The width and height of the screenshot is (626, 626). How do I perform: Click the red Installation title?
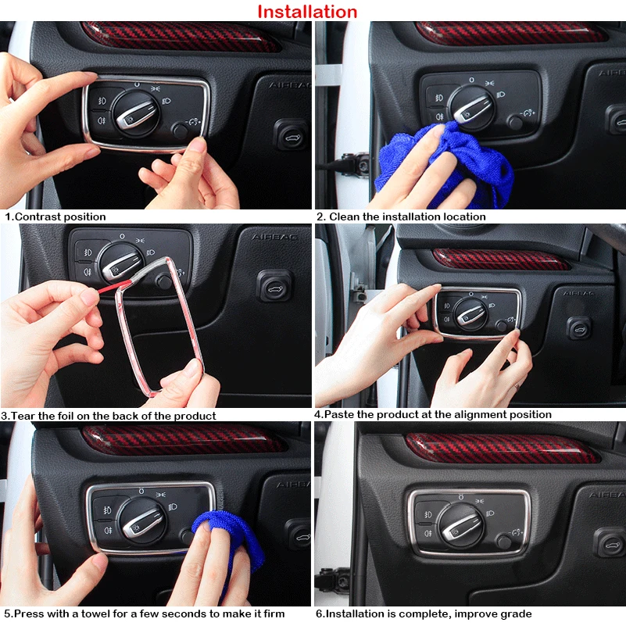(307, 12)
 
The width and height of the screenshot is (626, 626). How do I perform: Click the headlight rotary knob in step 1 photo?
(136, 114)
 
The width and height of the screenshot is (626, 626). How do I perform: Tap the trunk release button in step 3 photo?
(274, 286)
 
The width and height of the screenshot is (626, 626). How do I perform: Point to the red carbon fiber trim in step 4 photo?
(501, 259)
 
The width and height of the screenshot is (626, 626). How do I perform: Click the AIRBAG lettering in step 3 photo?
(274, 237)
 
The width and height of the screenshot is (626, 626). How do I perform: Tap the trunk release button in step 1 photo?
(291, 134)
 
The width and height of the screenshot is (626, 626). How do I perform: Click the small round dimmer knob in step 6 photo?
(504, 542)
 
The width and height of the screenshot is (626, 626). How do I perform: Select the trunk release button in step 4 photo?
(579, 328)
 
